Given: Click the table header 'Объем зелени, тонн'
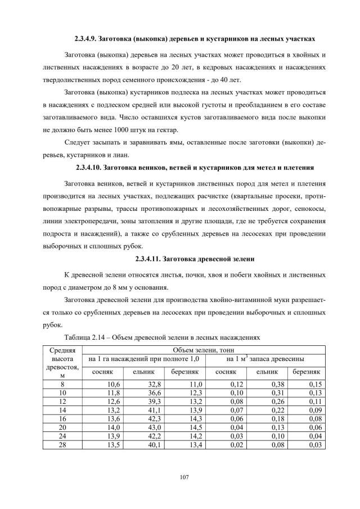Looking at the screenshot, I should click(x=203, y=350).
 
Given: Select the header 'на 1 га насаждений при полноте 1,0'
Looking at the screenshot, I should click(x=140, y=359).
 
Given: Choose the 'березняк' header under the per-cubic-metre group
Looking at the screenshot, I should click(x=305, y=372).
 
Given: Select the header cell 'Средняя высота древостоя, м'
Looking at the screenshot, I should click(x=62, y=363).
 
